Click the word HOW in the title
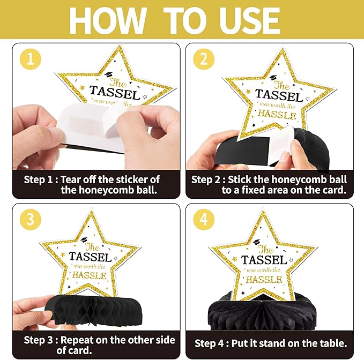(x=108, y=21)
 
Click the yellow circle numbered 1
(x=31, y=59)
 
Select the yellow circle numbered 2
(x=204, y=59)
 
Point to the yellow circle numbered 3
(x=31, y=220)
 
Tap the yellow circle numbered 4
(x=204, y=220)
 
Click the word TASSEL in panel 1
(x=115, y=93)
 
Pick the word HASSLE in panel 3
(x=90, y=275)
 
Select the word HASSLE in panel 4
(x=264, y=280)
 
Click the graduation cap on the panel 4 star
(x=257, y=242)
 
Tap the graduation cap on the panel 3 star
(x=84, y=239)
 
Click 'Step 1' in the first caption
(x=38, y=180)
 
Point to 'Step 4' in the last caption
(x=209, y=343)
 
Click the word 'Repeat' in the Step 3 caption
(x=77, y=340)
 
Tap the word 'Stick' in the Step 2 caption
(x=239, y=180)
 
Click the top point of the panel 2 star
(x=283, y=49)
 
